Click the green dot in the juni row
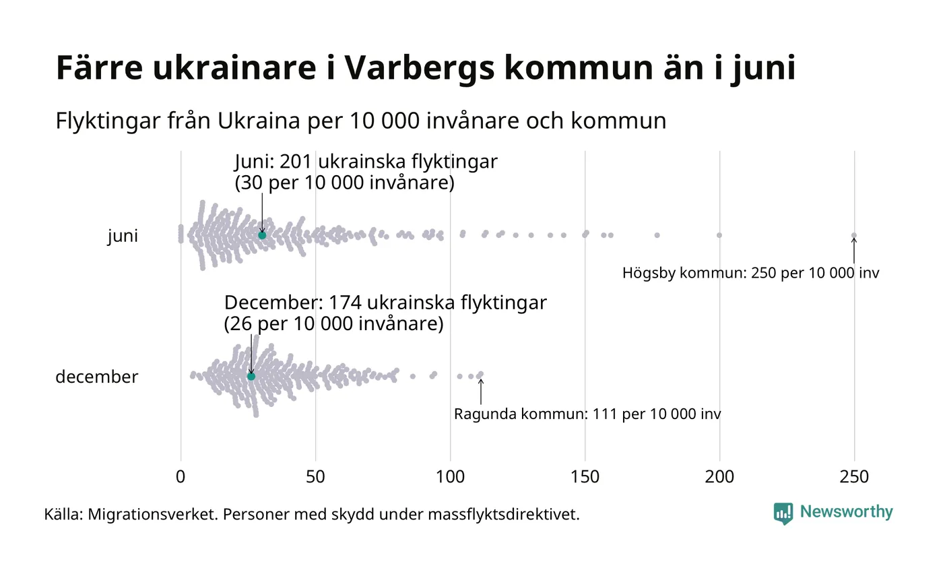(x=262, y=234)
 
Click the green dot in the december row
(x=251, y=376)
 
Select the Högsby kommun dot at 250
(x=854, y=235)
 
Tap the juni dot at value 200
(x=719, y=235)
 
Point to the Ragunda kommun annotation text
(x=587, y=414)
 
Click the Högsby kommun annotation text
(x=750, y=273)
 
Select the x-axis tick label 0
(x=181, y=476)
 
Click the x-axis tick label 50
(x=315, y=476)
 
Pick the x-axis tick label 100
(x=450, y=476)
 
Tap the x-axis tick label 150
(x=585, y=476)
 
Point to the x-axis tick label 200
(x=719, y=476)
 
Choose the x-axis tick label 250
(x=854, y=476)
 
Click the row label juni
(x=123, y=236)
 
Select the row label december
(x=96, y=377)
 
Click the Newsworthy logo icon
(x=783, y=513)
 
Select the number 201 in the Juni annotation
(x=295, y=162)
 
